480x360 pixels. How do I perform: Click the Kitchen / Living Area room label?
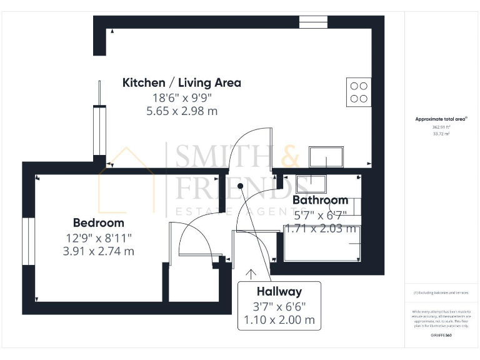tap(181, 82)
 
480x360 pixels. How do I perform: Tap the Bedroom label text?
tap(98, 222)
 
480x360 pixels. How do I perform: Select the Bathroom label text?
tap(320, 200)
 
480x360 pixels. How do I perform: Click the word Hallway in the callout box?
tap(279, 291)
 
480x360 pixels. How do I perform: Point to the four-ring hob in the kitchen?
tap(359, 92)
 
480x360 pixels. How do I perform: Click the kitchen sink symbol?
tap(326, 156)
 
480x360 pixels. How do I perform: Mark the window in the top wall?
tap(313, 22)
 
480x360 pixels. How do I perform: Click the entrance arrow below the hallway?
tap(251, 274)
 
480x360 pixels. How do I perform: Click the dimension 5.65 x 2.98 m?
tap(181, 111)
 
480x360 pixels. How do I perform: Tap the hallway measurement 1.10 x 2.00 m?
tap(279, 321)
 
